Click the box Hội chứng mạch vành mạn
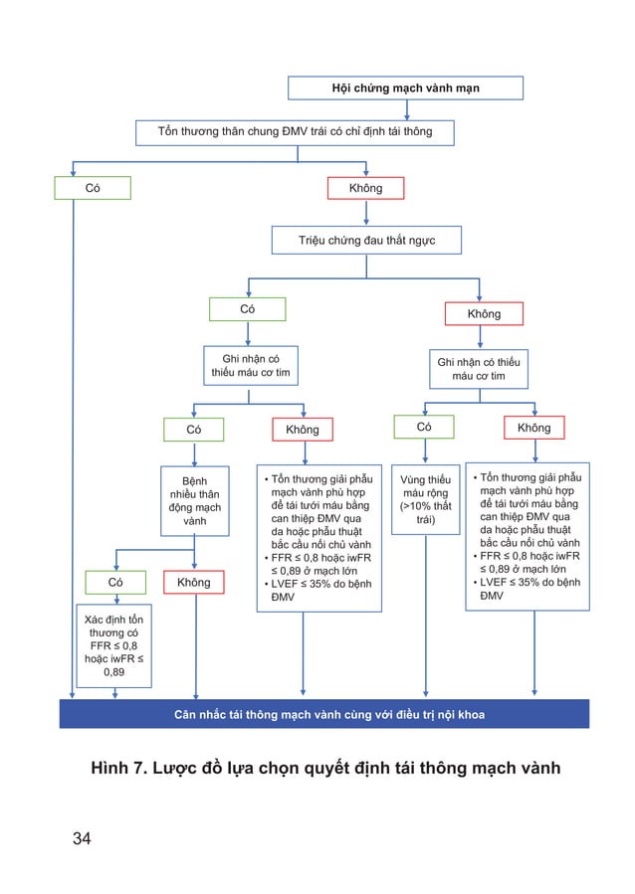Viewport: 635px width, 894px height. [405, 89]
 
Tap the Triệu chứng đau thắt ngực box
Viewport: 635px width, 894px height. [366, 241]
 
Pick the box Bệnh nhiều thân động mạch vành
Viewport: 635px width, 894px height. [194, 500]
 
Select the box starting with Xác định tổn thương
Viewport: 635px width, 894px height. [114, 645]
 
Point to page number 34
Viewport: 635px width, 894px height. [82, 838]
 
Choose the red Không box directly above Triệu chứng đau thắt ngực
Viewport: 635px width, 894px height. [365, 188]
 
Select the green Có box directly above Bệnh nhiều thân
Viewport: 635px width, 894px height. [194, 430]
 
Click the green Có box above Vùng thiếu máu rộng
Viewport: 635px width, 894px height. [423, 427]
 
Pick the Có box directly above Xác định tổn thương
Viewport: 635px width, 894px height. [115, 582]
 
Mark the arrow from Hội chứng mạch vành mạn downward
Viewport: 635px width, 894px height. [405, 109]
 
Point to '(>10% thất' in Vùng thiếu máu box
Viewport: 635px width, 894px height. [425, 506]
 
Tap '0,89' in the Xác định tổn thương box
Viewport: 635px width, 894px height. [114, 672]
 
